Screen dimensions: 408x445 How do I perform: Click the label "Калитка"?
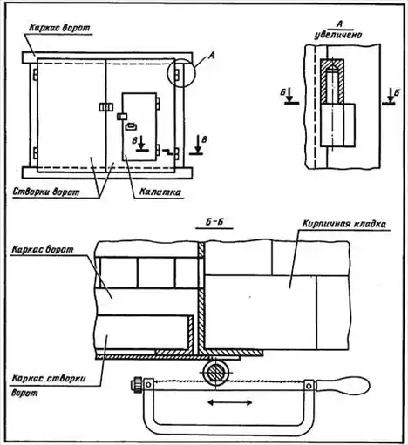[160, 192]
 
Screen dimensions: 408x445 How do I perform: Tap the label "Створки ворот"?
[46, 192]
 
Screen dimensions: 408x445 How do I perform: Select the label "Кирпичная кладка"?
[344, 224]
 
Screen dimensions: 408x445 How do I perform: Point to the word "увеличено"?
[338, 35]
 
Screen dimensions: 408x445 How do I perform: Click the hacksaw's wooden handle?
[343, 386]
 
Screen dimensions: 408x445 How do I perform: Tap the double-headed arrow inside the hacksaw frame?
[230, 402]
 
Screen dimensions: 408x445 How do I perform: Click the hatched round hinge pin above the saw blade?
[216, 372]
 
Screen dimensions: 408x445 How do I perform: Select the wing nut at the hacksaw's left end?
[137, 385]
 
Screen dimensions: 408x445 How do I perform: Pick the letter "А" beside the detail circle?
[212, 56]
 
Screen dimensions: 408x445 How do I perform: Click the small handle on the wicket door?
[131, 126]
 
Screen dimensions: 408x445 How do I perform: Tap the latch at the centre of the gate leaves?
[105, 107]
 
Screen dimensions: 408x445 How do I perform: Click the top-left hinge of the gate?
[35, 75]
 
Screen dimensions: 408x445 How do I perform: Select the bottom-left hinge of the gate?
[35, 153]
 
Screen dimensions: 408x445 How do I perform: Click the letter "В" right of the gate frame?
[204, 139]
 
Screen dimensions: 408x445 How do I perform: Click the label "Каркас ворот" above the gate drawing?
[60, 28]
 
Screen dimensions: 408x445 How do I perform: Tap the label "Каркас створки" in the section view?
[49, 379]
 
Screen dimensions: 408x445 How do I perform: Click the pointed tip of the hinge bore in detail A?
[332, 64]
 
